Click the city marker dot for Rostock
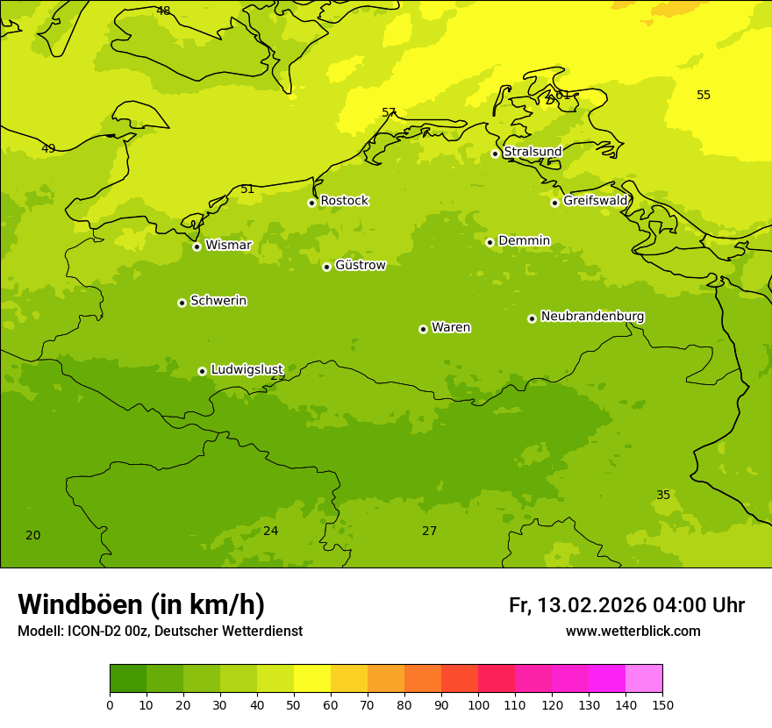click(x=311, y=203)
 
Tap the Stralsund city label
click(x=533, y=152)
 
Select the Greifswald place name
click(x=595, y=201)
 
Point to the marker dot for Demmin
click(x=490, y=242)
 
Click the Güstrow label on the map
click(x=360, y=265)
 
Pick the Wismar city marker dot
click(x=197, y=246)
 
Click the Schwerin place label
click(x=218, y=301)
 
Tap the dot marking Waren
click(x=423, y=329)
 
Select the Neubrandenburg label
click(x=592, y=317)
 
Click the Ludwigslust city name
click(x=247, y=369)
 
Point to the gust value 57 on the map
click(x=389, y=112)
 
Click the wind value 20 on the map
click(x=32, y=535)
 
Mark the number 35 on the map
click(x=663, y=495)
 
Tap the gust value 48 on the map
click(x=163, y=11)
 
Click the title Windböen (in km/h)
click(x=141, y=604)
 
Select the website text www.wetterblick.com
click(x=633, y=632)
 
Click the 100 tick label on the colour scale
click(x=478, y=705)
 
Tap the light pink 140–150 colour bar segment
click(x=644, y=678)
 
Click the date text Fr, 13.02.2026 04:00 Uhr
click(x=626, y=605)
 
